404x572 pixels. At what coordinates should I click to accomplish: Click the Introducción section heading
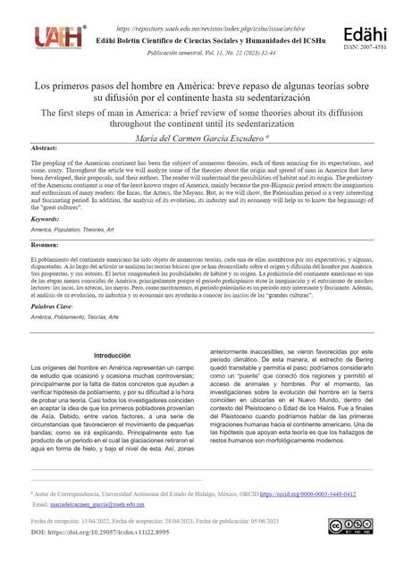[x=113, y=356]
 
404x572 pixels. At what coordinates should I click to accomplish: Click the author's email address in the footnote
[x=96, y=504]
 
